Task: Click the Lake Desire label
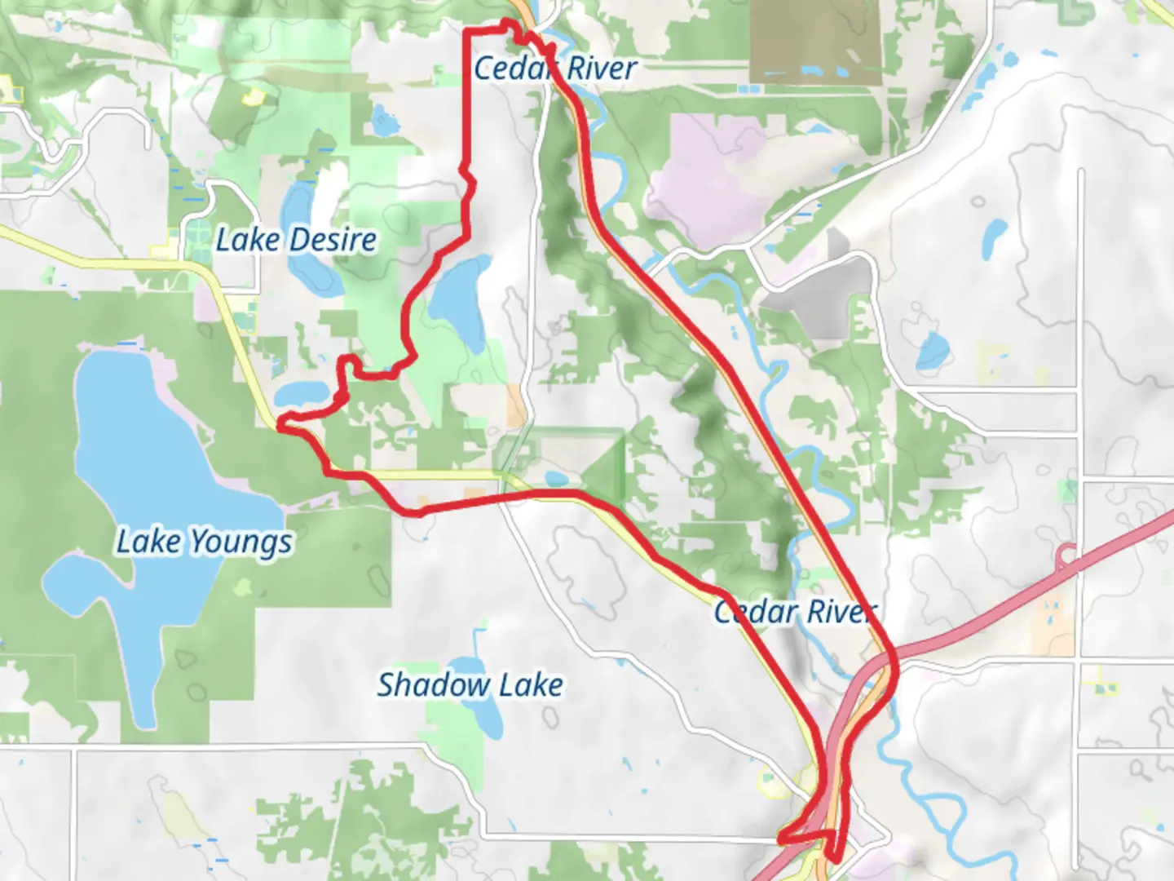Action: tap(296, 241)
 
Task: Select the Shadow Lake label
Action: tap(470, 685)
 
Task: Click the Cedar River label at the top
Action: tap(554, 69)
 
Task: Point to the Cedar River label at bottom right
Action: tap(795, 612)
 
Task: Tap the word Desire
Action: tap(333, 241)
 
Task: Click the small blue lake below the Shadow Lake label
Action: tap(488, 718)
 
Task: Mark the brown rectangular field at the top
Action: tap(814, 41)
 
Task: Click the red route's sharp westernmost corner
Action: tap(280, 423)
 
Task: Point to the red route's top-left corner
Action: tap(466, 32)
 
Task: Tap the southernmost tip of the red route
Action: tap(832, 858)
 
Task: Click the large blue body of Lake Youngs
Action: tap(147, 457)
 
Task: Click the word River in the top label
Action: tap(602, 69)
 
